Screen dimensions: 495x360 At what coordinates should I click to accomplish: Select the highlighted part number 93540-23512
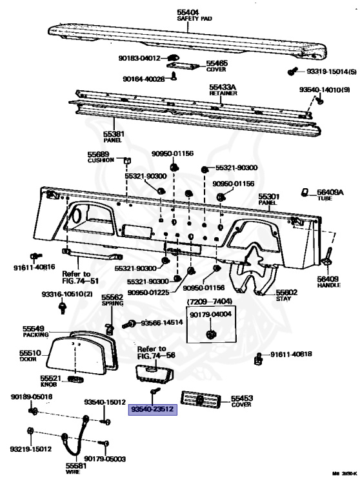click(x=153, y=409)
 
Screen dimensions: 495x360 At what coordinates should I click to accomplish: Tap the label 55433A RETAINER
click(x=223, y=88)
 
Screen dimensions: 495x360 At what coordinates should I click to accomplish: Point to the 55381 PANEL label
click(x=114, y=136)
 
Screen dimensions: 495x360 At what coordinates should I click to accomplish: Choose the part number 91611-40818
click(x=292, y=354)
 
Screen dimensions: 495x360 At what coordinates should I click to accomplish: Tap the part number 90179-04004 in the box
click(x=210, y=313)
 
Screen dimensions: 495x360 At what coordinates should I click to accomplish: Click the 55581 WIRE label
click(x=75, y=467)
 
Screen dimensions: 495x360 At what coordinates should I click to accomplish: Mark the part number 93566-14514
click(x=163, y=322)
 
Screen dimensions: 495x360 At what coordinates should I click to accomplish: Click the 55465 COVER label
click(x=217, y=64)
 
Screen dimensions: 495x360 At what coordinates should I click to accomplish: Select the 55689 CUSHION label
click(x=101, y=156)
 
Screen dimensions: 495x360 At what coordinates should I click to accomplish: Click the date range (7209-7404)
click(x=210, y=302)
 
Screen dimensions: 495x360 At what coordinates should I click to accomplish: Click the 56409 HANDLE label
click(x=327, y=282)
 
